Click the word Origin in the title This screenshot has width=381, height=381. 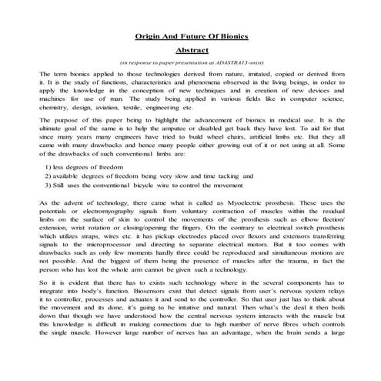[149, 35]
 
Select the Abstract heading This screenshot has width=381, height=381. [190, 48]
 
